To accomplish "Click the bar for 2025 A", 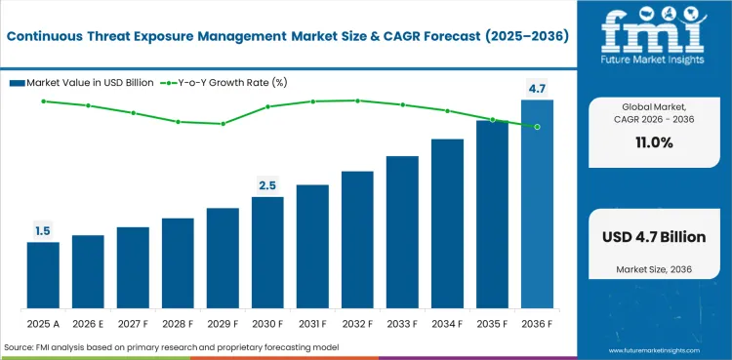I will pos(43,275).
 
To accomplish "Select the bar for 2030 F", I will pos(267,253).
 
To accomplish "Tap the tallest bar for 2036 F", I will pos(537,204).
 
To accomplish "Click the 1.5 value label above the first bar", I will pos(43,231).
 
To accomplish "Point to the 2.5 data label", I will pos(267,185).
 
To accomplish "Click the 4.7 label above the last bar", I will pos(537,89).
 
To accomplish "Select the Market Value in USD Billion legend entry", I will pos(85,82).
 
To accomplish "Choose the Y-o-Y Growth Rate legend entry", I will pos(230,82).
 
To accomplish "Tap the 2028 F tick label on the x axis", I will pos(178,322).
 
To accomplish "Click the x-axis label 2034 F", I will pos(447,322).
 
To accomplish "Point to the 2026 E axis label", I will pos(88,322).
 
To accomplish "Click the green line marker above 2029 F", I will pos(223,124).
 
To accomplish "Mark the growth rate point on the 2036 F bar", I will pos(537,127).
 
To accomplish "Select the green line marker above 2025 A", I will pos(43,100).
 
